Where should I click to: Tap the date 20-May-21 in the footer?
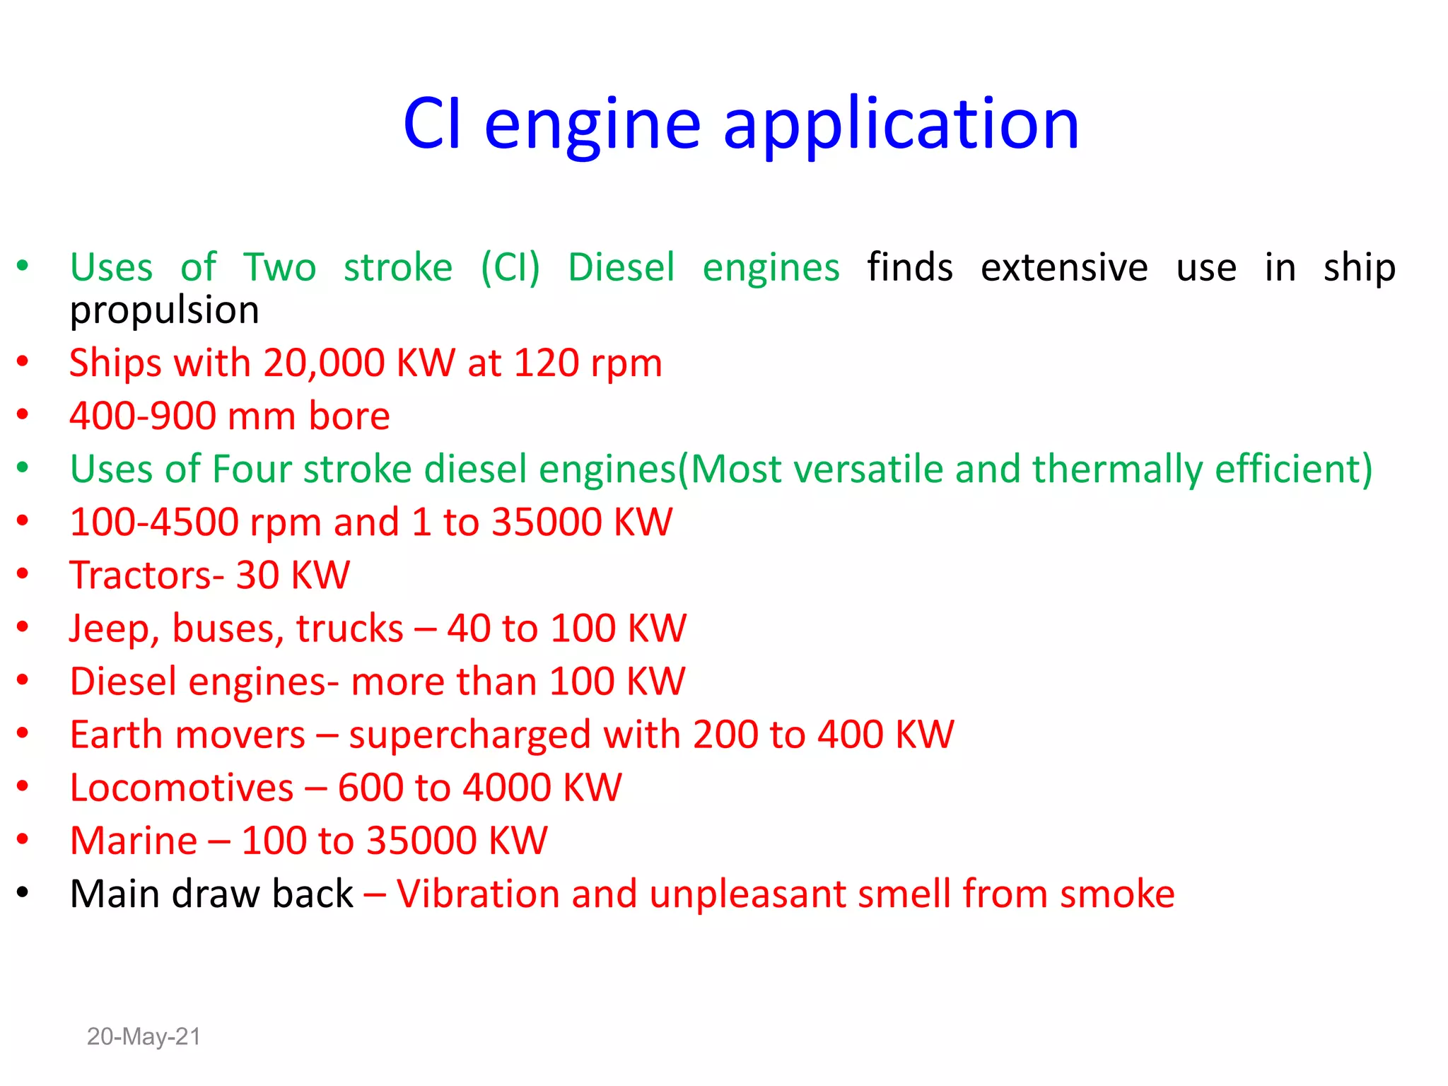(144, 1037)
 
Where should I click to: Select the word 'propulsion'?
(164, 311)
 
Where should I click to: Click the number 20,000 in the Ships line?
(324, 363)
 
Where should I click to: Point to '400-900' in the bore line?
(143, 416)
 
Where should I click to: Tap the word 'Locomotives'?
(182, 788)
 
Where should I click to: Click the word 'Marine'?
(134, 841)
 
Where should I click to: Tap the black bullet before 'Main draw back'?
(23, 892)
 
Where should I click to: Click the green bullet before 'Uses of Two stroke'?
(23, 266)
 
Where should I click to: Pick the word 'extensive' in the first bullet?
(1064, 268)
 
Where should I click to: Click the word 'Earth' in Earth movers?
(116, 735)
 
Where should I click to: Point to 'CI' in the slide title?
(433, 124)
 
